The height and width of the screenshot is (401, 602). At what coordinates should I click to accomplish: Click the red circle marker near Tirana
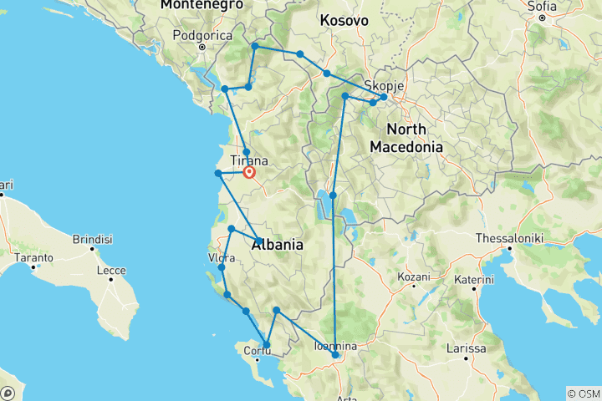[248, 173]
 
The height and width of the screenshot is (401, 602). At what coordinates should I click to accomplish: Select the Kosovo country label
[344, 19]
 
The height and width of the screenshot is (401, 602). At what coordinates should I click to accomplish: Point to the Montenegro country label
[196, 5]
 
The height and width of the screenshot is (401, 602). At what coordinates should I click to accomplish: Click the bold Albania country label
[277, 245]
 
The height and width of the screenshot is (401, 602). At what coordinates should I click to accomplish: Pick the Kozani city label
[414, 277]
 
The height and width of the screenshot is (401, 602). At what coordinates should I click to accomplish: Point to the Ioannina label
[334, 346]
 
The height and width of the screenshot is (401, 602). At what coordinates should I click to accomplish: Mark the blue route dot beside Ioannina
[335, 355]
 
